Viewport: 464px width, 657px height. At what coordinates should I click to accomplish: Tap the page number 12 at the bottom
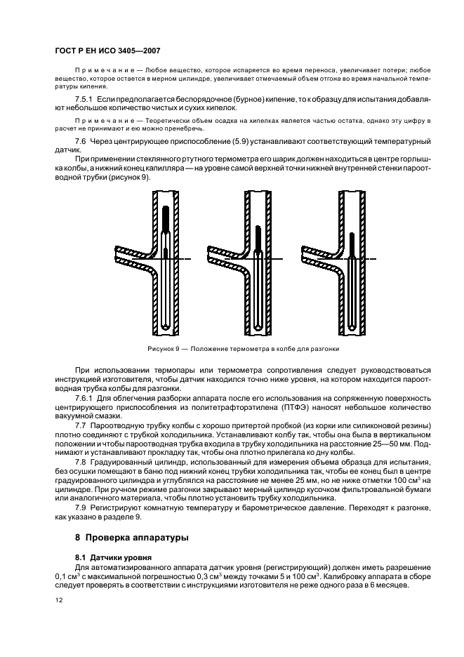tap(59, 600)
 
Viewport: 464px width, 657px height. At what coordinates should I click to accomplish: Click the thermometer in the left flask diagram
tap(164, 260)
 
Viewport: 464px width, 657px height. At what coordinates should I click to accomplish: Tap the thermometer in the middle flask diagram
tap(258, 274)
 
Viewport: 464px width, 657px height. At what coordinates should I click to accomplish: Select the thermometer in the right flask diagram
tap(352, 281)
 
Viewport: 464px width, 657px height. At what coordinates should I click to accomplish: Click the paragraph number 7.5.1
tap(83, 100)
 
